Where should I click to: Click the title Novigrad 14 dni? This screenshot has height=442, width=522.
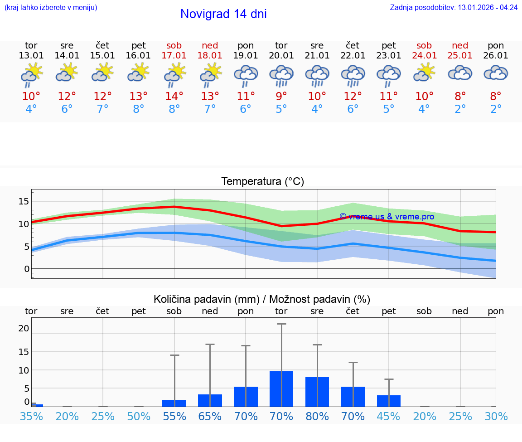[x=223, y=14]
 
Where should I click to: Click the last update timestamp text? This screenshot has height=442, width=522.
[x=454, y=7]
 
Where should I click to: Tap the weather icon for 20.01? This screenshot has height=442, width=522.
[x=281, y=75]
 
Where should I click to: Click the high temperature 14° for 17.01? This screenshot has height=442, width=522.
[x=174, y=97]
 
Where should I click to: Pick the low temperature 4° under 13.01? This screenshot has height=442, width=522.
[x=31, y=109]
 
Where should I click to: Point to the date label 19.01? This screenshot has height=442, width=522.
[x=246, y=55]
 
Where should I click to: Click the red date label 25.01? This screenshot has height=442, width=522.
[x=460, y=55]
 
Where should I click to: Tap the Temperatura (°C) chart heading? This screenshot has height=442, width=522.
[x=262, y=182]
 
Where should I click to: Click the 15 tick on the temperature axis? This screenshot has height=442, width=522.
[x=24, y=201]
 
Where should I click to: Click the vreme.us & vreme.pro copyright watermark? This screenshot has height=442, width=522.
[x=387, y=217]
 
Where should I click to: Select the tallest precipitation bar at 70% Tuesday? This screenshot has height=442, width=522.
[x=281, y=389]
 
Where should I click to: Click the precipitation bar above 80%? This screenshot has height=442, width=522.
[x=317, y=392]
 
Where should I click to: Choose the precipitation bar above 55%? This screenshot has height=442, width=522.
[x=174, y=403]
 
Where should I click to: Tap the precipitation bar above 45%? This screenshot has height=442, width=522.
[x=389, y=401]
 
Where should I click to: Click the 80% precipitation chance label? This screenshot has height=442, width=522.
[x=317, y=416]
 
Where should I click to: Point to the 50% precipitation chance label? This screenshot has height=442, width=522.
[x=139, y=416]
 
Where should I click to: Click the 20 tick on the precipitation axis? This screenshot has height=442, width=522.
[x=24, y=328]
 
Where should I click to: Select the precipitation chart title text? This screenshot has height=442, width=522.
[x=262, y=299]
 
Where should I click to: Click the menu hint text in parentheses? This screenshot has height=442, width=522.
[x=51, y=7]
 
